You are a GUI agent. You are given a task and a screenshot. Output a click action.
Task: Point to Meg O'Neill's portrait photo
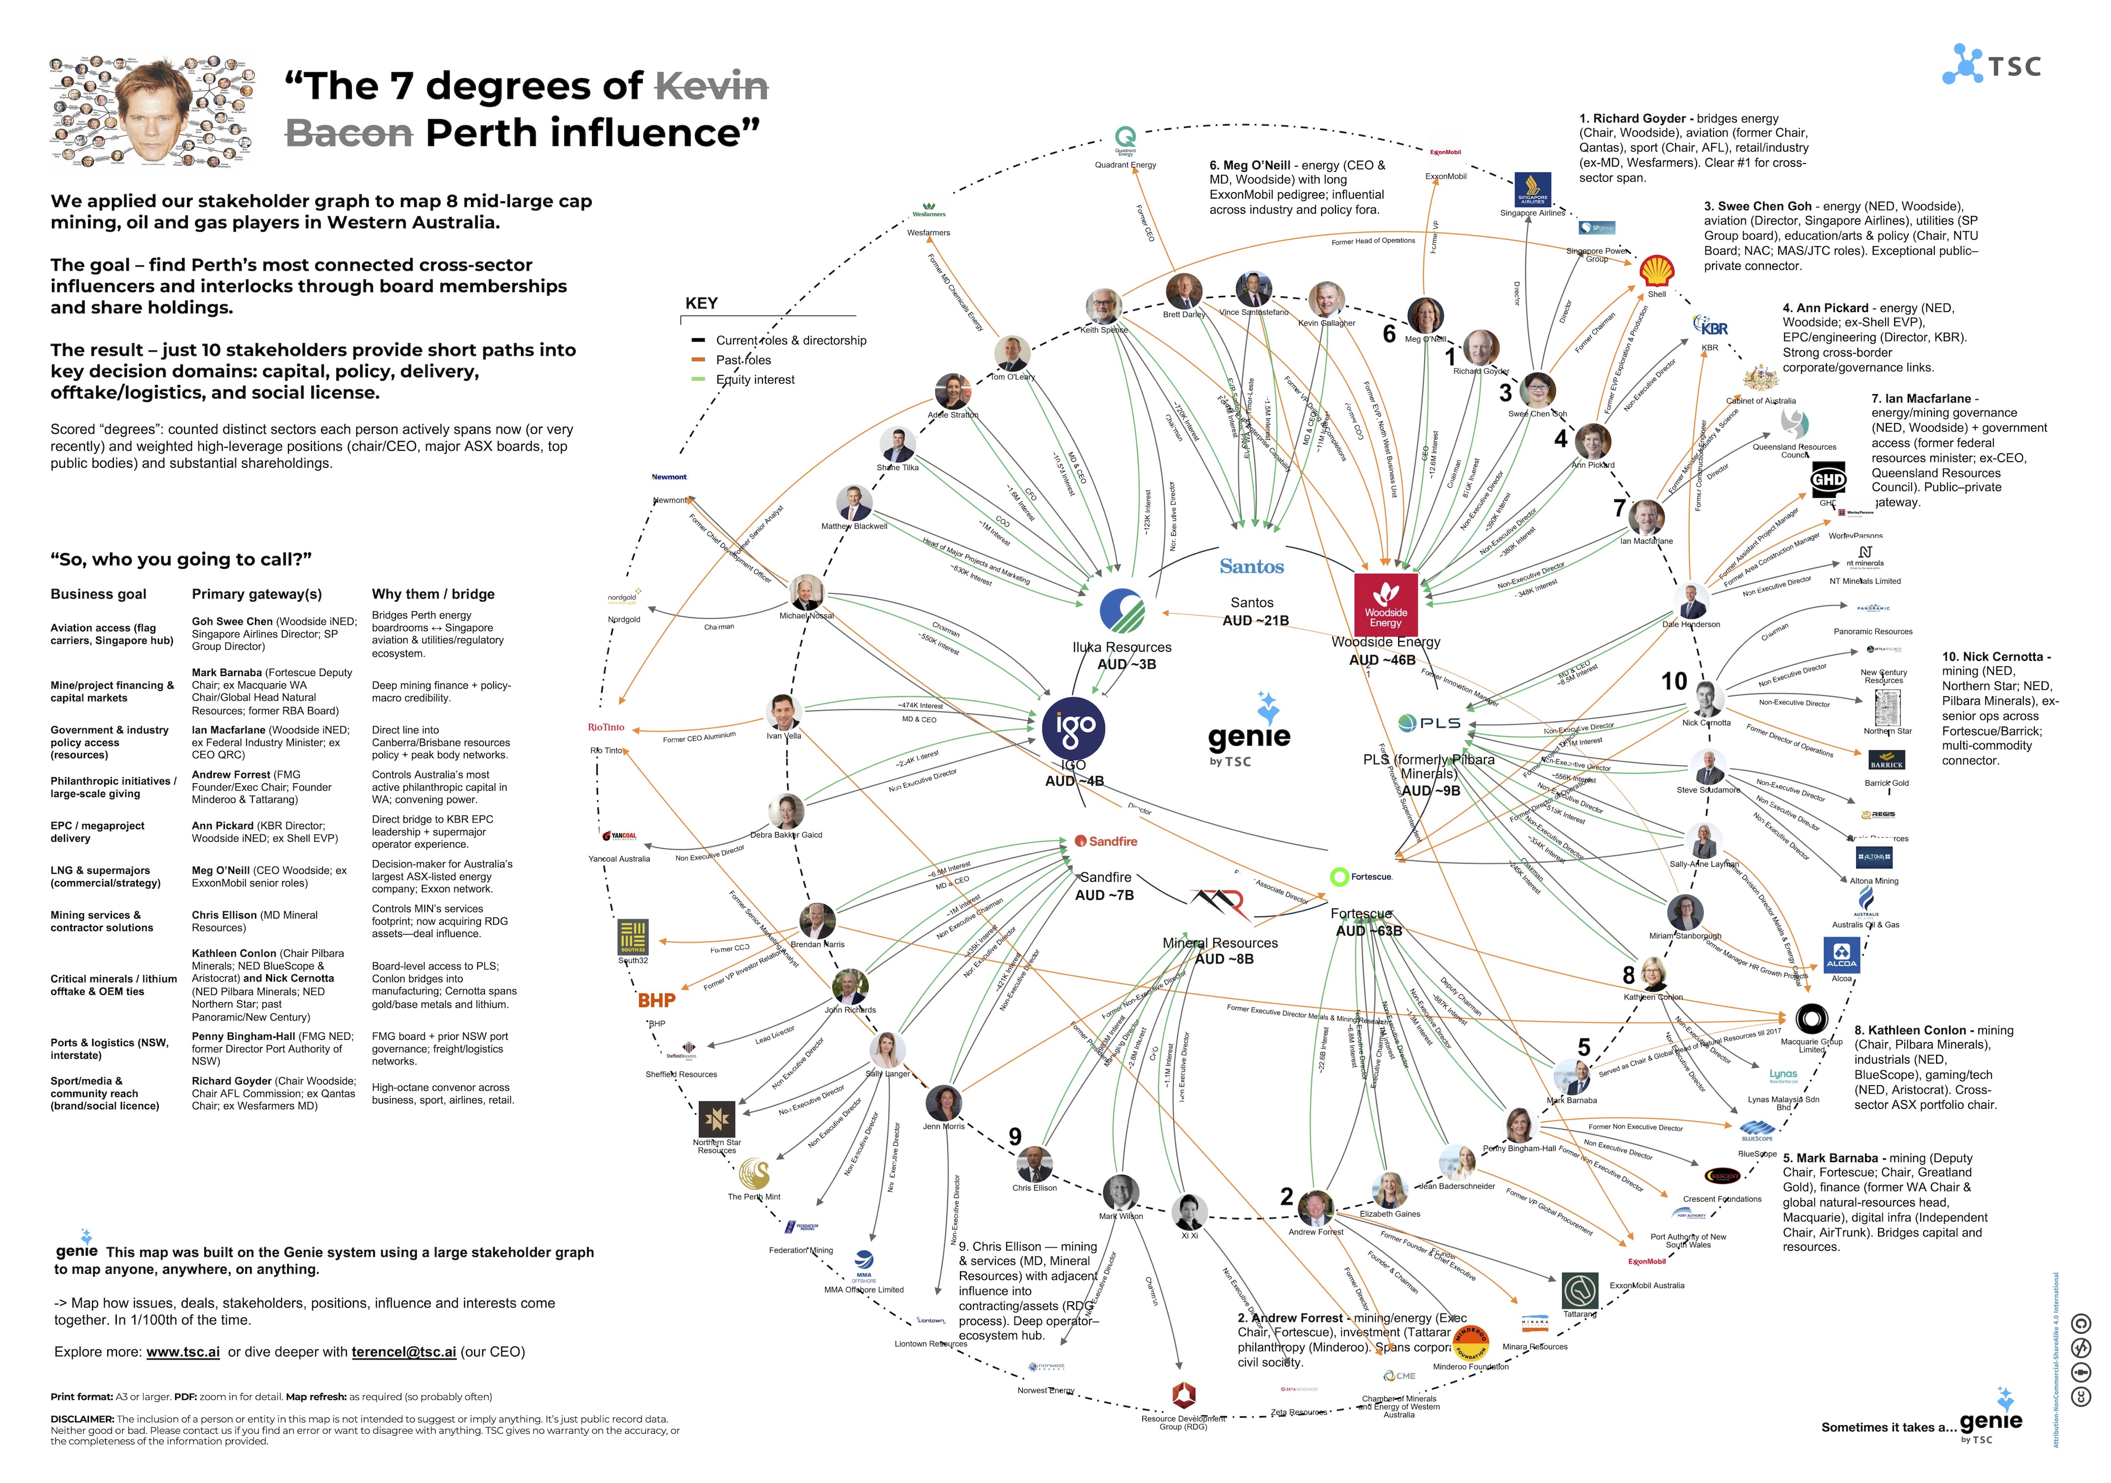pos(1425,315)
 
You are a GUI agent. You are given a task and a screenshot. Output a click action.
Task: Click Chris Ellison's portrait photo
pos(1034,1164)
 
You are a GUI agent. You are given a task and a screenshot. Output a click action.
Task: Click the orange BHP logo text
pos(656,1000)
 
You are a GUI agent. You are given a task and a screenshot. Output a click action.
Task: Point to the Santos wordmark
pos(1251,566)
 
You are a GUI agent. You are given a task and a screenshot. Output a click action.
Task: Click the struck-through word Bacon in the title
pos(349,133)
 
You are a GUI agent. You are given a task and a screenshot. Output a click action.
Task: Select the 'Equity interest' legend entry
pos(755,380)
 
